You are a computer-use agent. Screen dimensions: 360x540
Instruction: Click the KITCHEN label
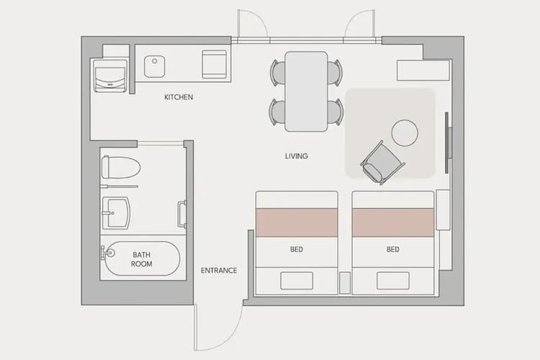pyautogui.click(x=179, y=97)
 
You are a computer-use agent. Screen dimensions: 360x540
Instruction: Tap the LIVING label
pyautogui.click(x=296, y=156)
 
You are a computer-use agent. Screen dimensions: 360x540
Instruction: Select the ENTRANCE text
pyautogui.click(x=219, y=271)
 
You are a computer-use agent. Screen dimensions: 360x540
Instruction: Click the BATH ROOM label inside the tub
pyautogui.click(x=142, y=259)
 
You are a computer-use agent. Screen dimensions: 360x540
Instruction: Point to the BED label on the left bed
pyautogui.click(x=297, y=250)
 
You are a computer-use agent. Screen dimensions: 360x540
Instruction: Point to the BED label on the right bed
pyautogui.click(x=392, y=250)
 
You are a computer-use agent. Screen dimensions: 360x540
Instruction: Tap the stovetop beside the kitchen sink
pyautogui.click(x=215, y=64)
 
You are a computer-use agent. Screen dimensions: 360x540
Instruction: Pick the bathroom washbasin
pyautogui.click(x=116, y=210)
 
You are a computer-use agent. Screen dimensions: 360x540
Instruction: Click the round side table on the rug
pyautogui.click(x=405, y=133)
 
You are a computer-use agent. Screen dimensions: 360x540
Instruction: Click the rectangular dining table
pyautogui.click(x=306, y=91)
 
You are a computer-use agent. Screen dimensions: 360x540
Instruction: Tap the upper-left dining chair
pyautogui.click(x=278, y=72)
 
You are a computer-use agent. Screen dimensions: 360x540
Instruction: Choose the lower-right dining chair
pyautogui.click(x=334, y=112)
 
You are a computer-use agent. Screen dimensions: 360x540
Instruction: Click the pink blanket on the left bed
pyautogui.click(x=297, y=222)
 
